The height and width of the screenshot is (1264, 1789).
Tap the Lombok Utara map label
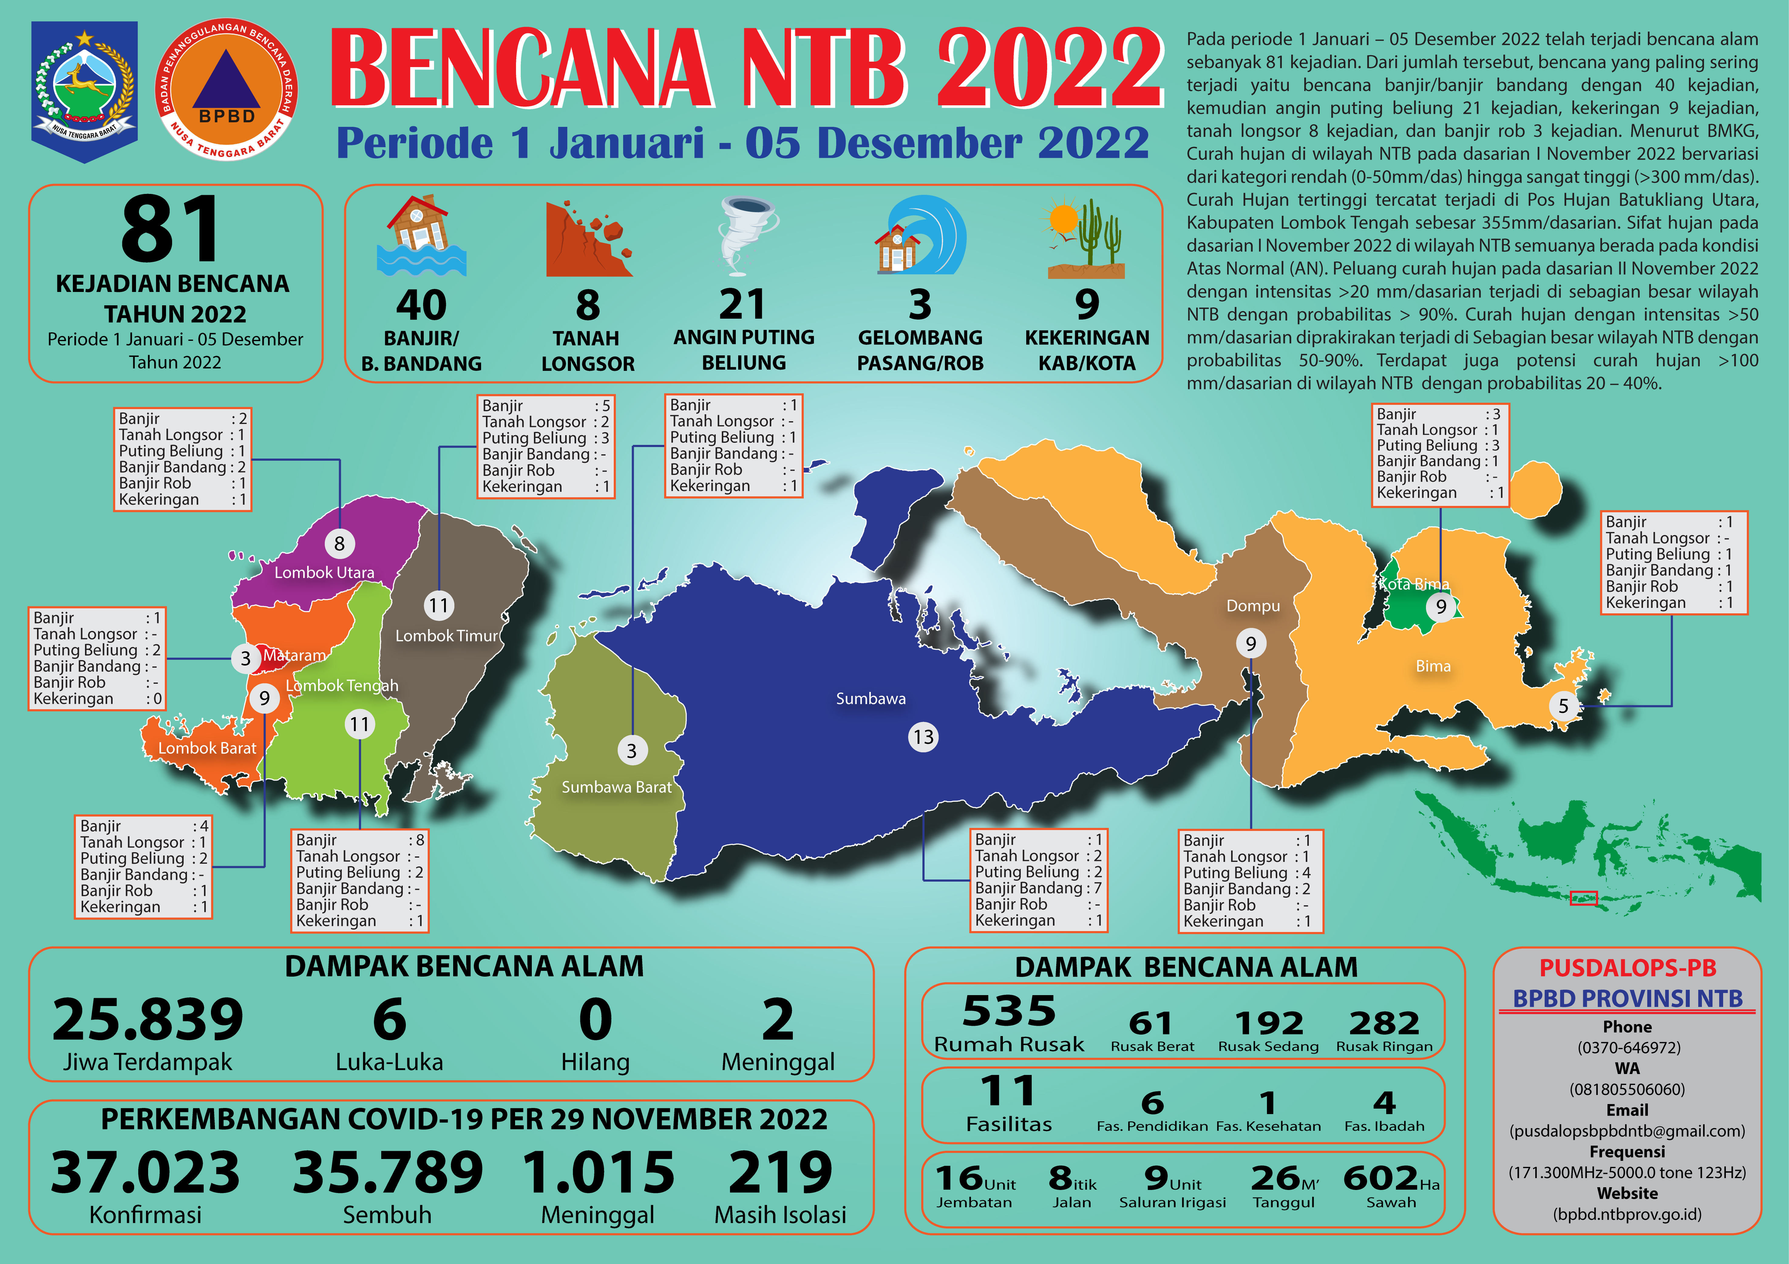[x=324, y=573]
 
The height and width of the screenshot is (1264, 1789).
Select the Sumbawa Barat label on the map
[x=616, y=787]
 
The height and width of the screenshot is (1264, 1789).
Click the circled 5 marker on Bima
[x=1563, y=706]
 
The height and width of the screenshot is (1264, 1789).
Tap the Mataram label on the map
[x=294, y=656]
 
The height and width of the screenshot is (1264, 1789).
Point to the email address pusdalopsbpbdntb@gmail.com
[x=1627, y=1131]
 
